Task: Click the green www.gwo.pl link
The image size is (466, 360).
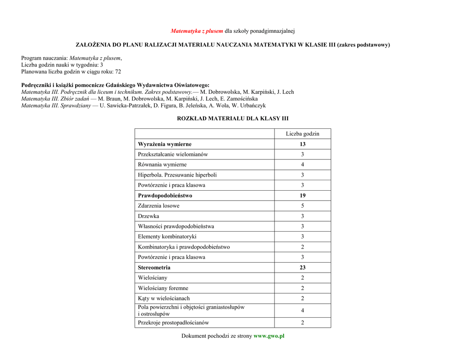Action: (268, 336)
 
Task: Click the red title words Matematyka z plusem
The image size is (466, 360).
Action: (197, 31)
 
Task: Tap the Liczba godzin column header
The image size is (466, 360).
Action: (302, 133)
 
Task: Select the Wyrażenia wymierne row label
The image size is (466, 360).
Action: (165, 144)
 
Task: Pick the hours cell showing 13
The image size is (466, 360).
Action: (303, 144)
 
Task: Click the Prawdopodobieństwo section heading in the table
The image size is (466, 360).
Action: (165, 196)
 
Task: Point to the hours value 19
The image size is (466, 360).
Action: (303, 196)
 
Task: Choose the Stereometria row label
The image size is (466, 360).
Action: (154, 268)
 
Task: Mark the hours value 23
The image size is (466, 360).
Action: (303, 268)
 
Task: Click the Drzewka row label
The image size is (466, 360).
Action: (148, 216)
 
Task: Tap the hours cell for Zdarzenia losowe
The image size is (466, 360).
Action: (303, 206)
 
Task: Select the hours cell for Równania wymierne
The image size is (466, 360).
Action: (303, 165)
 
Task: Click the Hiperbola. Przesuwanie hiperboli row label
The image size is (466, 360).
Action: (177, 175)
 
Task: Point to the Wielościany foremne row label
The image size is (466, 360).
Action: (163, 288)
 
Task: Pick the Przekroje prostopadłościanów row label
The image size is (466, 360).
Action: (173, 323)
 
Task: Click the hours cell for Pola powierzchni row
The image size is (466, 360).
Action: (303, 310)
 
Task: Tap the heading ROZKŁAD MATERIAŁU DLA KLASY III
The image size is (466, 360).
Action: (233, 118)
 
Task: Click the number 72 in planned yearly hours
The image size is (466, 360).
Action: (118, 72)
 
